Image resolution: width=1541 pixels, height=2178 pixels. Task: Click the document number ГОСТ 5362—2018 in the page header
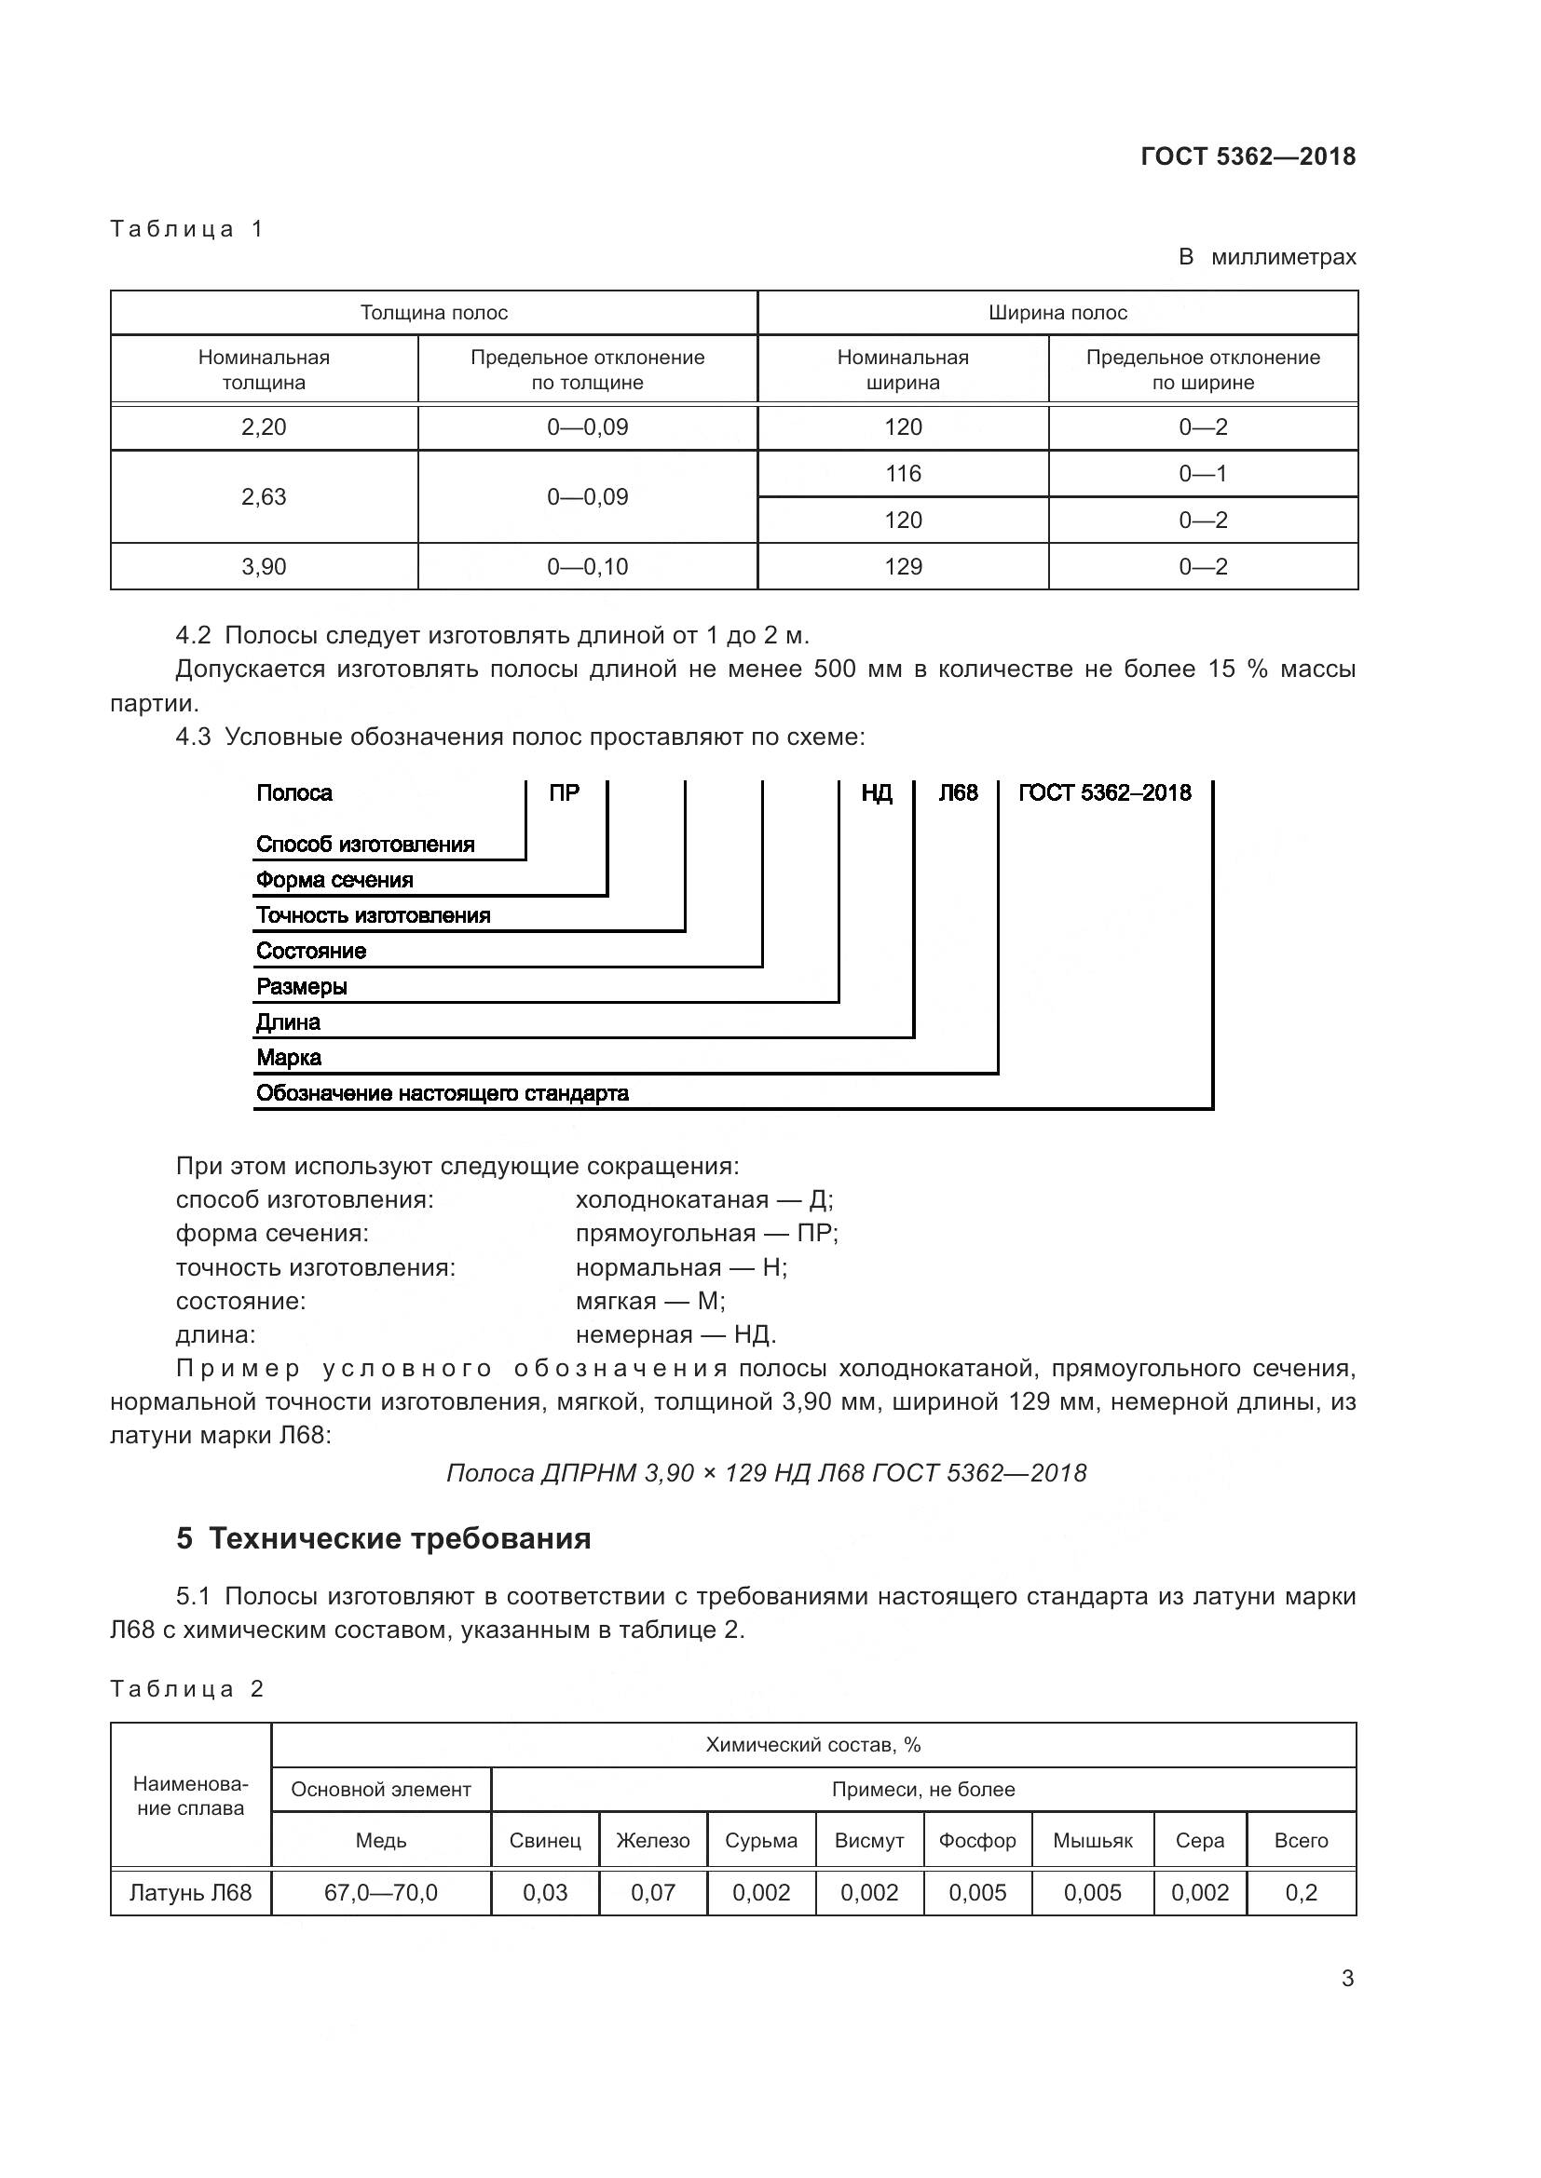click(1248, 156)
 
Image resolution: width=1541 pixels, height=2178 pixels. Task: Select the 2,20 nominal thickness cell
click(264, 426)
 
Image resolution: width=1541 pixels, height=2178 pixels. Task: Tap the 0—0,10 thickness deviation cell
click(587, 566)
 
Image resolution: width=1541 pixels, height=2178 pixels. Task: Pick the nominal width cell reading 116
click(903, 473)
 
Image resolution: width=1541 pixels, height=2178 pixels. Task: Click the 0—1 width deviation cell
click(1202, 473)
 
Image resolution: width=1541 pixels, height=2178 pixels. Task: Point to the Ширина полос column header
click(1057, 313)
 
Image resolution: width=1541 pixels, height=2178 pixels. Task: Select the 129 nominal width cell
click(903, 566)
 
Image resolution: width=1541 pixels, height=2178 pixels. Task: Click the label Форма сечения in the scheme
click(334, 879)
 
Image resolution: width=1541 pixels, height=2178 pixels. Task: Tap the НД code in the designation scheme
click(876, 793)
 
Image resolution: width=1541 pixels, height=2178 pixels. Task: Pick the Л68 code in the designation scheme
click(958, 793)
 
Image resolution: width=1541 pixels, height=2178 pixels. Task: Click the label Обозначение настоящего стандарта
click(443, 1093)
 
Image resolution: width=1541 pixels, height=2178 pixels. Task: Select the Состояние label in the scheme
click(311, 951)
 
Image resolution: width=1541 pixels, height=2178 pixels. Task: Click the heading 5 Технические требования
click(383, 1538)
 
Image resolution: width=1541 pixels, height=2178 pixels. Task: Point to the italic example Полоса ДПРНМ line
click(766, 1472)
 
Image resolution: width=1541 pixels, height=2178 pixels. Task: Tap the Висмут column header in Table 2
click(868, 1840)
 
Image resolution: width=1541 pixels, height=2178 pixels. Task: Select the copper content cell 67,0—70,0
click(380, 1892)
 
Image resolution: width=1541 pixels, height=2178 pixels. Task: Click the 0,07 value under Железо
click(653, 1892)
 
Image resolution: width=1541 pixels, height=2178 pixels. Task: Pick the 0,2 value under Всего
click(1301, 1892)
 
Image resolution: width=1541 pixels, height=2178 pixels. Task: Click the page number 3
click(1347, 1978)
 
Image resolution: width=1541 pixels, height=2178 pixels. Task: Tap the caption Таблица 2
click(187, 1688)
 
